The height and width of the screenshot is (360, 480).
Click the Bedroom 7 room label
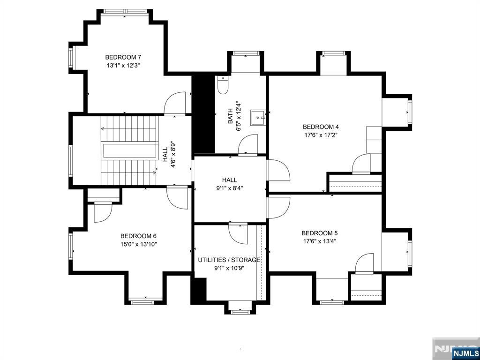pyautogui.click(x=123, y=58)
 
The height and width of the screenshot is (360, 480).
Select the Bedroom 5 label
pyautogui.click(x=320, y=233)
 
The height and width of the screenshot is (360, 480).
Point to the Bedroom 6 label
pyautogui.click(x=138, y=236)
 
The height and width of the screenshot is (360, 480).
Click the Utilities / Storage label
pyautogui.click(x=229, y=260)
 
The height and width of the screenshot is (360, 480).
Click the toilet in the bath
pyautogui.click(x=223, y=86)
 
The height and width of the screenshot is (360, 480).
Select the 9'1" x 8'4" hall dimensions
pyautogui.click(x=229, y=188)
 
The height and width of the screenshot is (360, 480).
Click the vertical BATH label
pyautogui.click(x=230, y=116)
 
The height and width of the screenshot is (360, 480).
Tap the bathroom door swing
pyautogui.click(x=248, y=144)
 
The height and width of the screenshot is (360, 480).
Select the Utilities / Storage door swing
pyautogui.click(x=238, y=233)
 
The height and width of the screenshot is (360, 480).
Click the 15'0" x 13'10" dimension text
pyautogui.click(x=138, y=244)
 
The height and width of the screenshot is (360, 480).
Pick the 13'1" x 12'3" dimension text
pyautogui.click(x=123, y=66)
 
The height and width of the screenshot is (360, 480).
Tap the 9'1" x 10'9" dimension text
pyautogui.click(x=229, y=268)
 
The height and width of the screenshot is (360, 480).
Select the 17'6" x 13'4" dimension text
pyautogui.click(x=320, y=241)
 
